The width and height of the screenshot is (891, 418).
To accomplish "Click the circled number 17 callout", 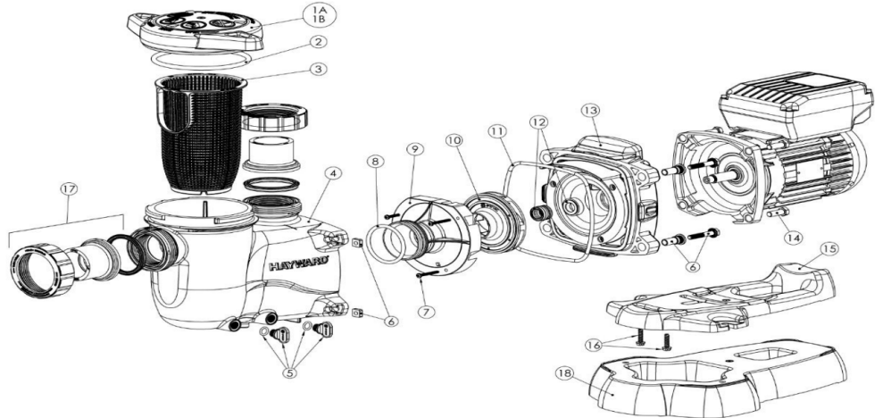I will (65, 188).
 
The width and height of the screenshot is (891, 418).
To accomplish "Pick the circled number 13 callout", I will (587, 109).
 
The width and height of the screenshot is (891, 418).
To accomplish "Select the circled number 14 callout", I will (789, 238).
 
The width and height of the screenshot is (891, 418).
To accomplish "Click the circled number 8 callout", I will (376, 163).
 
